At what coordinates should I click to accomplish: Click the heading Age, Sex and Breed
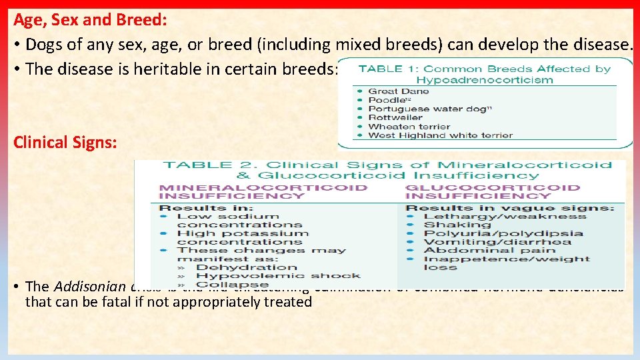click(89, 20)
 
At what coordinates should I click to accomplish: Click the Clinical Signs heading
click(65, 142)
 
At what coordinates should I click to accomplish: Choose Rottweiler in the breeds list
click(395, 117)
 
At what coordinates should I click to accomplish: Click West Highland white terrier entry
click(441, 135)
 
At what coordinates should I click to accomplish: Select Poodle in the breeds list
click(387, 100)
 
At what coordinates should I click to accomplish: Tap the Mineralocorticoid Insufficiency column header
click(263, 191)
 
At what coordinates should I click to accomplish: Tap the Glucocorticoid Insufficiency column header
click(493, 191)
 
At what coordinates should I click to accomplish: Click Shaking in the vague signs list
click(448, 225)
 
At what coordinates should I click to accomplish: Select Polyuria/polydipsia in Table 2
click(503, 233)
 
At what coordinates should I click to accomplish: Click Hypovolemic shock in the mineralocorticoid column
click(278, 275)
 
